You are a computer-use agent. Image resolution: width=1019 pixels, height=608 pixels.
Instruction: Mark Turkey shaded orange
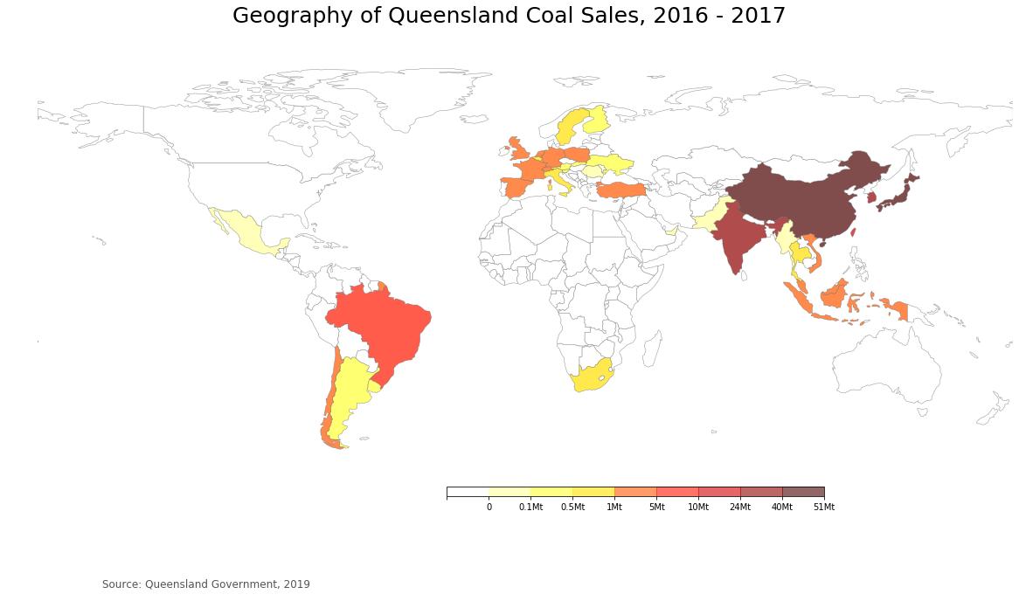pos(621,190)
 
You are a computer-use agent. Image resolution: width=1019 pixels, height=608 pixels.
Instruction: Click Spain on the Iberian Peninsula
pos(516,187)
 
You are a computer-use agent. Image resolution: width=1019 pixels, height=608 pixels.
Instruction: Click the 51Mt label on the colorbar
pos(823,508)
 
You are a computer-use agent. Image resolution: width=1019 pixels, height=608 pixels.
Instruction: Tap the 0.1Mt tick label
pos(530,508)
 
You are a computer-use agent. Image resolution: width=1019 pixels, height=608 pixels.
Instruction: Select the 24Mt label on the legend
pos(740,508)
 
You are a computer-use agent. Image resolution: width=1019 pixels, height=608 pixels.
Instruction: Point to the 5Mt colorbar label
pos(656,508)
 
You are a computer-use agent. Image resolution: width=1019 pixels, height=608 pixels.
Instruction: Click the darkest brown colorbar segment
pos(803,492)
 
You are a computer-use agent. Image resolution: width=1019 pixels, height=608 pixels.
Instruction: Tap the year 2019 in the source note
pos(296,584)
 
